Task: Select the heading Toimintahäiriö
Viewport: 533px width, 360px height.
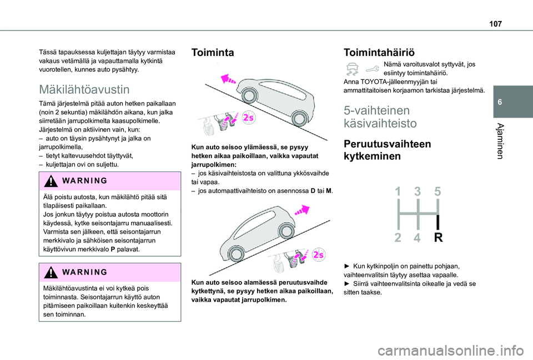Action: coord(379,53)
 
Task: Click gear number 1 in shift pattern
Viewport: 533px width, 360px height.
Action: coord(398,192)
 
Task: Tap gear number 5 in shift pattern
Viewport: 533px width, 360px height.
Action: coord(437,192)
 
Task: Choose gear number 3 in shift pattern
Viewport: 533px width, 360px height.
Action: coord(418,192)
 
